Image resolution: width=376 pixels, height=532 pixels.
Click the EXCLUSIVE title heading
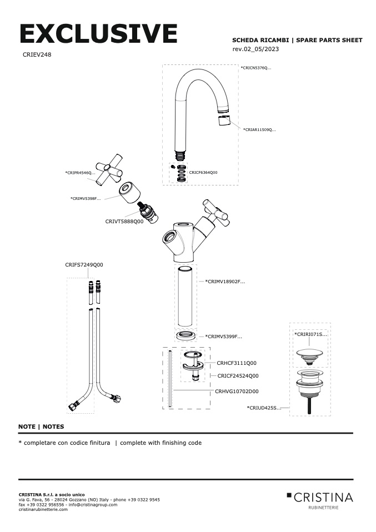(x=98, y=33)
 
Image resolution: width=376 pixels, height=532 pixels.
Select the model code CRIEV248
(x=37, y=54)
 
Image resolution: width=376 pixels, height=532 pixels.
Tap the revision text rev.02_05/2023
(x=255, y=49)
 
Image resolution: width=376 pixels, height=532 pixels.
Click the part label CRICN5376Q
(x=256, y=68)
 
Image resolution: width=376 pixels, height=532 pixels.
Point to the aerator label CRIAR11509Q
(x=259, y=129)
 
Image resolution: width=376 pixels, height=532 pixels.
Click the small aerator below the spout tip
(x=224, y=121)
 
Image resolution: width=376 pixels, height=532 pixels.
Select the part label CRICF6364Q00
(x=203, y=172)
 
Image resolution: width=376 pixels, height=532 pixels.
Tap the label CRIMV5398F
(x=86, y=199)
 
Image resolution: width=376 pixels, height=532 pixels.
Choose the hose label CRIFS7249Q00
(x=84, y=265)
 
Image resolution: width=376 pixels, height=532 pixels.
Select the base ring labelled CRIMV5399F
(x=186, y=336)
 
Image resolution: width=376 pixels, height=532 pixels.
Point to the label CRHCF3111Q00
(x=237, y=363)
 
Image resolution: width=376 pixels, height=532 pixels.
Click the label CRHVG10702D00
(x=237, y=392)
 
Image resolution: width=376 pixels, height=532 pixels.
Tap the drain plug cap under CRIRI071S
(x=309, y=356)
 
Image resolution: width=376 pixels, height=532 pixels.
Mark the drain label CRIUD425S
(x=264, y=408)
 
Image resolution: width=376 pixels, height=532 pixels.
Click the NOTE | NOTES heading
(x=41, y=426)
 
